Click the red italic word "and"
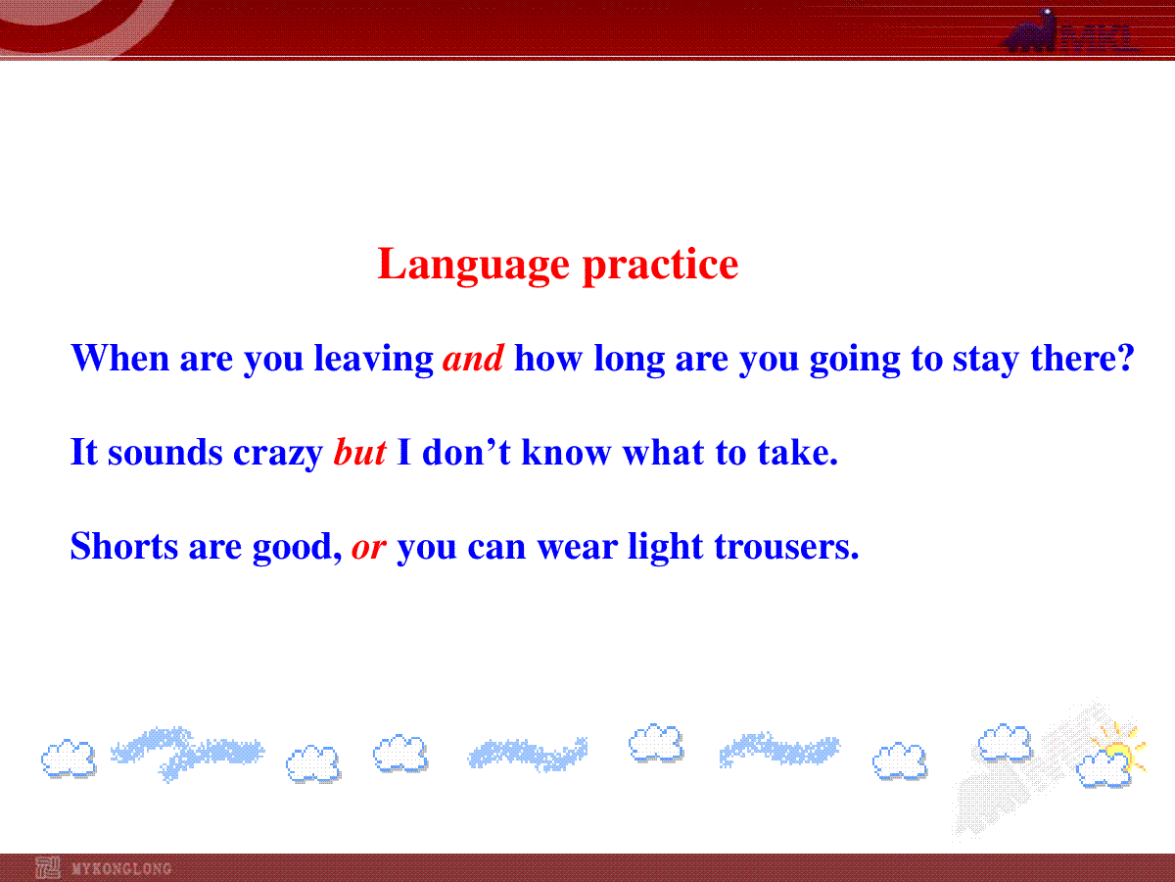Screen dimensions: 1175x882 pyautogui.click(x=473, y=358)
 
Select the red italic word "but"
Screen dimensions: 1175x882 pyautogui.click(x=359, y=452)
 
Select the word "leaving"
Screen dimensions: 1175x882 pyautogui.click(x=373, y=359)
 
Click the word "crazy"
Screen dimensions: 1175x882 pyautogui.click(x=278, y=454)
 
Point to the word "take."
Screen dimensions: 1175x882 pyautogui.click(x=798, y=452)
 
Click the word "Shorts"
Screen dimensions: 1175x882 pyautogui.click(x=124, y=546)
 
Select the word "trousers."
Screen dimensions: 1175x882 pyautogui.click(x=786, y=546)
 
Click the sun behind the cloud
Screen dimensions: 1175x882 pyautogui.click(x=1119, y=748)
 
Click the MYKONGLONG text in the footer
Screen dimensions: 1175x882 pyautogui.click(x=121, y=868)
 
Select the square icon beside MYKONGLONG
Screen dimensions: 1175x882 pyautogui.click(x=48, y=867)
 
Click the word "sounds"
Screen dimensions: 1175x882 pyautogui.click(x=164, y=452)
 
